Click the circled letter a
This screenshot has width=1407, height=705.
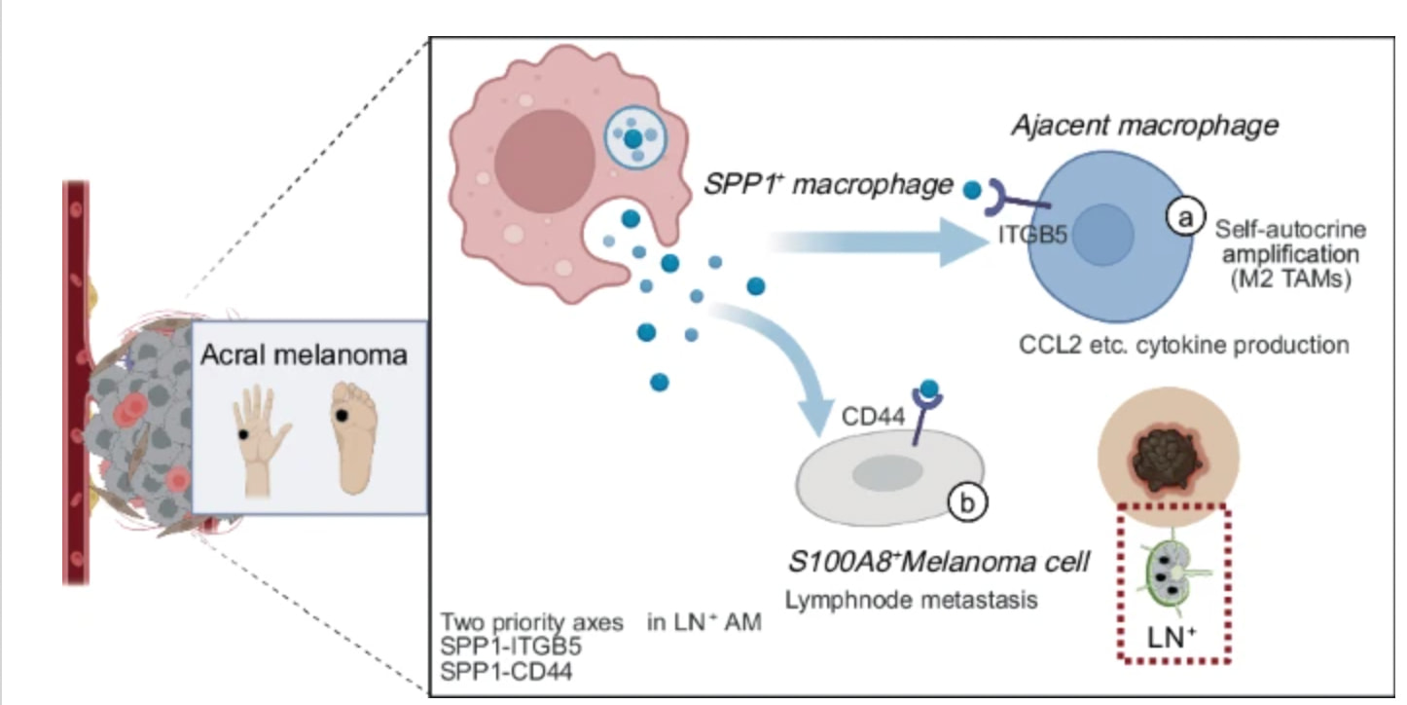tap(1185, 219)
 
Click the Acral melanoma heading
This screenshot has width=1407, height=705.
tap(304, 354)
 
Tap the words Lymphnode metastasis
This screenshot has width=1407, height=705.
tap(911, 600)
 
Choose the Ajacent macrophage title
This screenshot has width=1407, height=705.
tap(1144, 126)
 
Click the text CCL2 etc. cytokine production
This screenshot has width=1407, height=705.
tap(1184, 345)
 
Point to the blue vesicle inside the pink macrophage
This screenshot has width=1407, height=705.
tap(633, 139)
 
